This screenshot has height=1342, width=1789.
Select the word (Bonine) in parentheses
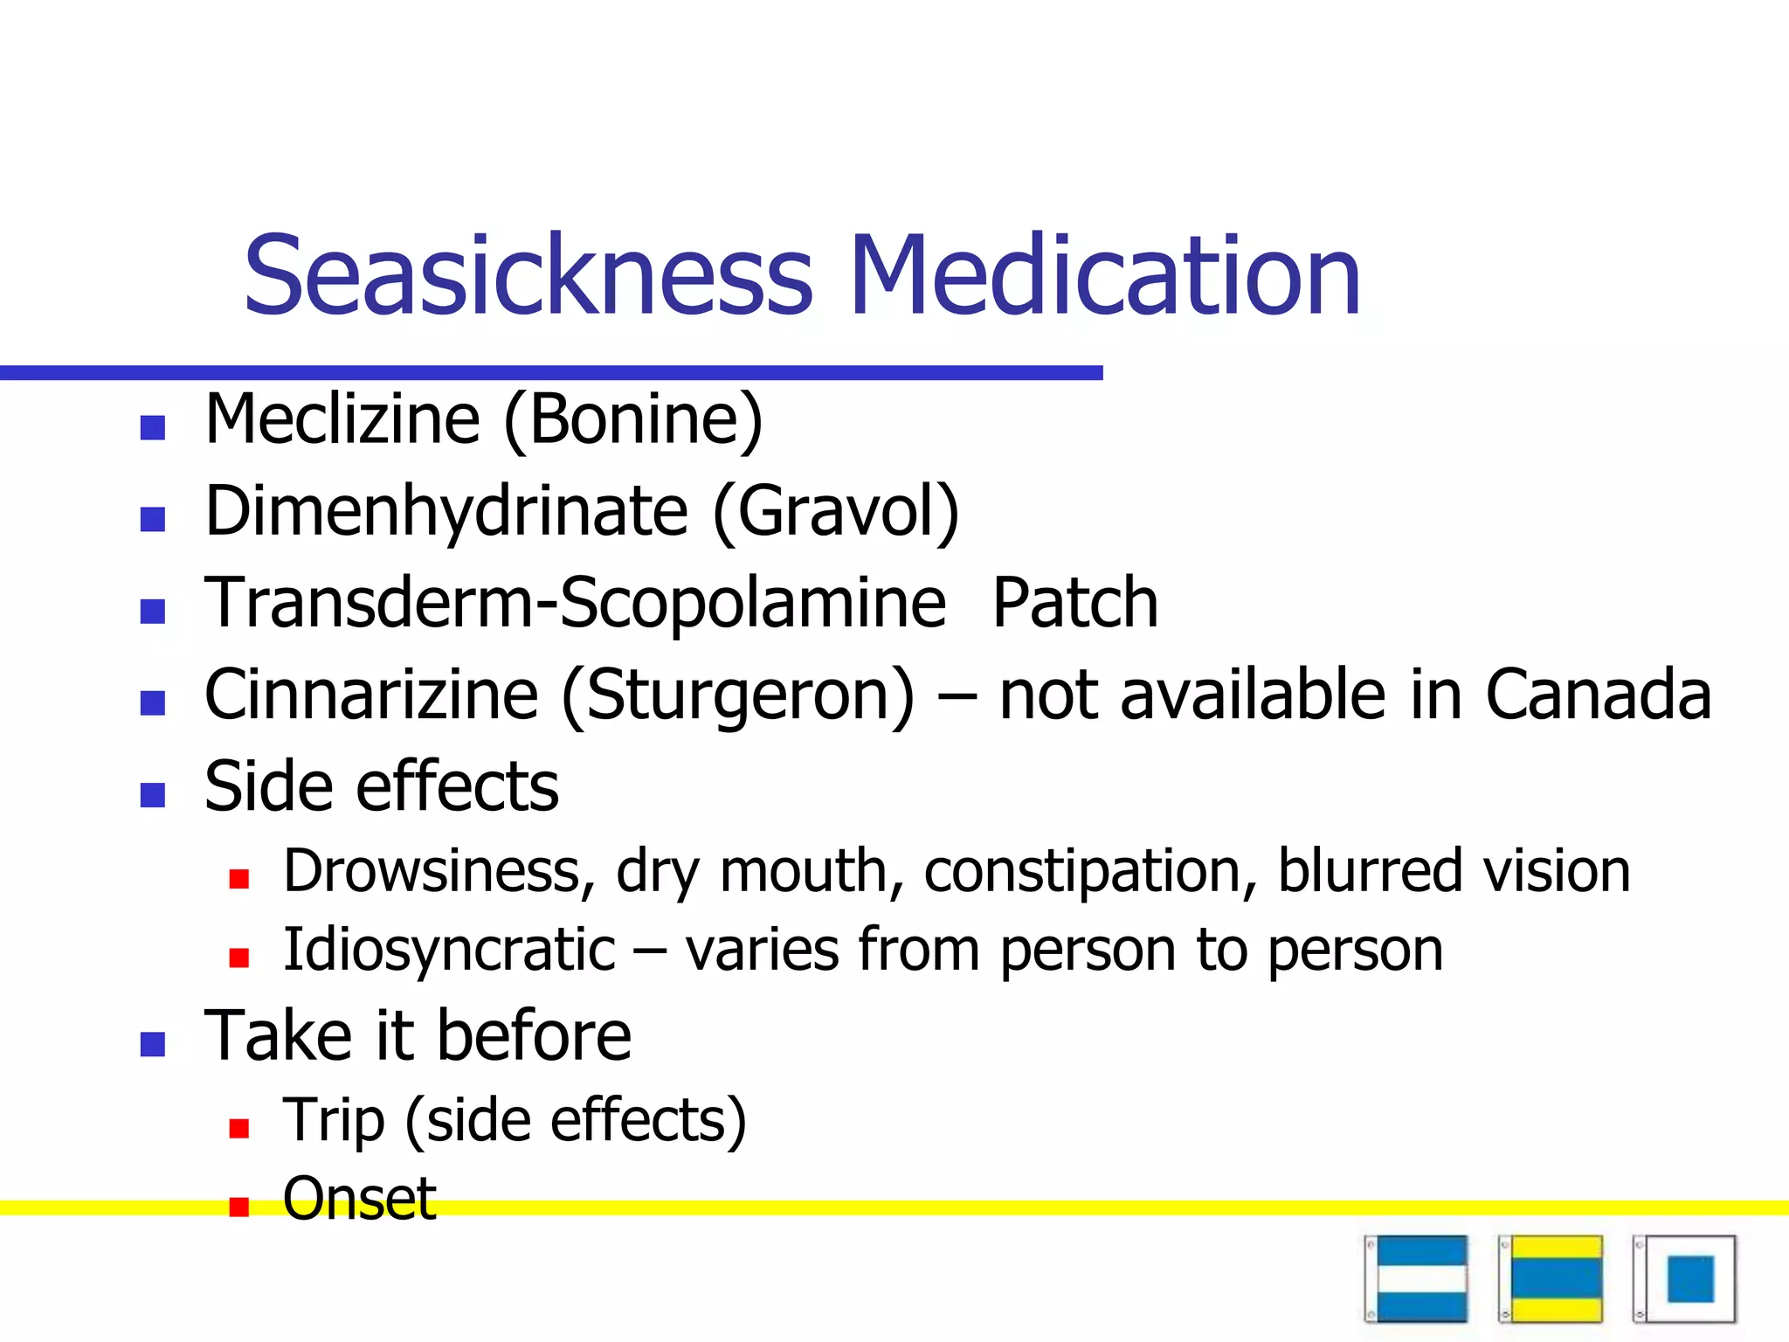tap(633, 421)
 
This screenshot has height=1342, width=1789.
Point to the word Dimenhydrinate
tap(446, 513)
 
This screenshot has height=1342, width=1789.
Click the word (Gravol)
tap(836, 513)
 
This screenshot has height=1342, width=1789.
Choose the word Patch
tap(1074, 603)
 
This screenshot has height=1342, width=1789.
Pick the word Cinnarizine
tap(371, 695)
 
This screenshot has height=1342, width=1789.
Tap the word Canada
tap(1598, 695)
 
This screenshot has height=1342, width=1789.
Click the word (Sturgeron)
tap(738, 696)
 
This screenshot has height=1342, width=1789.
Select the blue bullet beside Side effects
tap(153, 794)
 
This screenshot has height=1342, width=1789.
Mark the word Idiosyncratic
tap(449, 951)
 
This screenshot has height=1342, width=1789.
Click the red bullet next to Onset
tap(238, 1207)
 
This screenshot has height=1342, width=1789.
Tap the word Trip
tap(333, 1121)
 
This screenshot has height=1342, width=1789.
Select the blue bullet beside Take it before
tap(153, 1044)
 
